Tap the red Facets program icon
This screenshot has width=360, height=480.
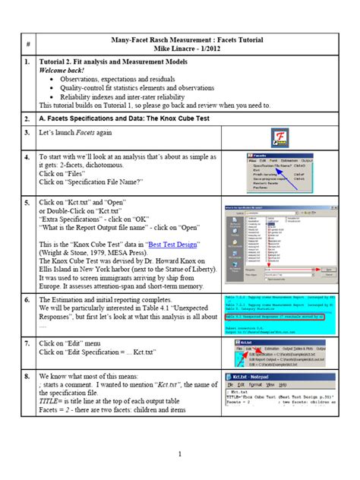[277, 138]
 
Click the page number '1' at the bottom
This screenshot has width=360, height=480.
[179, 455]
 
